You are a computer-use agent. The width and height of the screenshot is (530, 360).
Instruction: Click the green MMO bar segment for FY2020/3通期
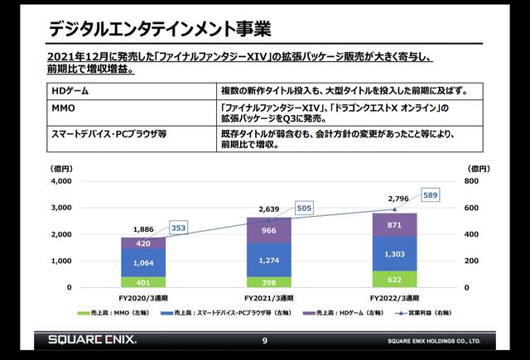143,282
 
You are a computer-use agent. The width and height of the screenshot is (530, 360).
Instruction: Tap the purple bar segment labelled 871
393,225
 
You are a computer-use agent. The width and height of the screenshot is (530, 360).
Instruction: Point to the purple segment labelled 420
143,243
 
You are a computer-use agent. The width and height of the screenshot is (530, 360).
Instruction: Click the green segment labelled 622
393,280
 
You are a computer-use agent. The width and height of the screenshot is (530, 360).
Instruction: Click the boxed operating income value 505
303,208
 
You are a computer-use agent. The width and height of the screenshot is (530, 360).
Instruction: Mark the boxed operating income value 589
429,195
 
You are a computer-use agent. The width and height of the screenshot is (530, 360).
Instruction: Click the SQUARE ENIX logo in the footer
91,340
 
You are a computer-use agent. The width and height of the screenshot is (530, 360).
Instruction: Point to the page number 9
265,340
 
